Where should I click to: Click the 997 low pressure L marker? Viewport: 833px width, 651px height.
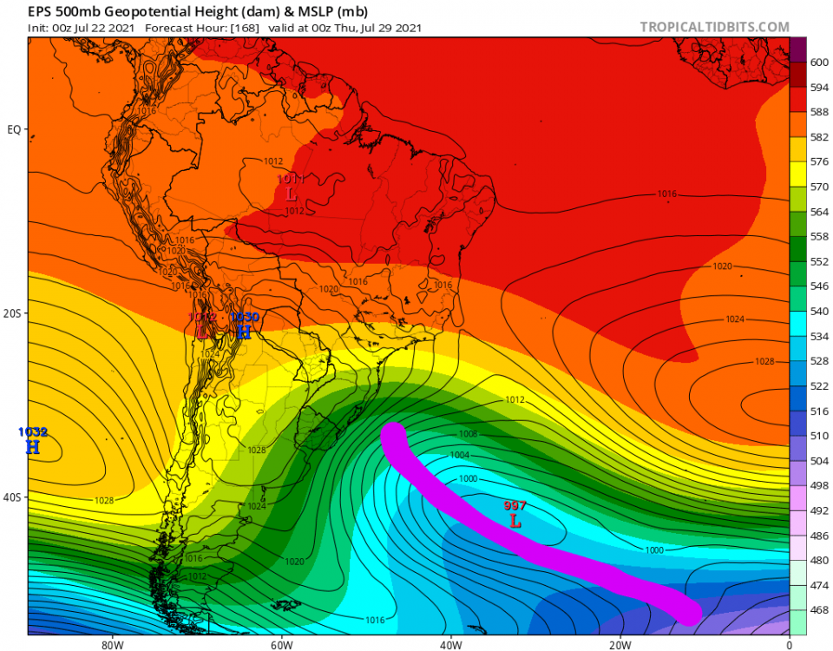point(515,522)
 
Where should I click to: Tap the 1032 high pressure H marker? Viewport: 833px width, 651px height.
point(33,447)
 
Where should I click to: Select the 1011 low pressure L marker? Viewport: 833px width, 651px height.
point(291,194)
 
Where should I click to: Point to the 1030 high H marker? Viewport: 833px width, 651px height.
point(244,332)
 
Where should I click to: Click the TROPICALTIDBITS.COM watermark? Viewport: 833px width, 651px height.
point(714,27)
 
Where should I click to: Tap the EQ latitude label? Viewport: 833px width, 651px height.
point(14,129)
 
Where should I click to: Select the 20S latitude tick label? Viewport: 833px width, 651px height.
point(13,313)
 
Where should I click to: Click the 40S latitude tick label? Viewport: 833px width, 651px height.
point(13,497)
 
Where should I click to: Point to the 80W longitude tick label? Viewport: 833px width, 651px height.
point(110,644)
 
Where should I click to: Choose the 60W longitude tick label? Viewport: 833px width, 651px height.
point(279,644)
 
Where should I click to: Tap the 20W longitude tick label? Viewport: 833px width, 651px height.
point(619,644)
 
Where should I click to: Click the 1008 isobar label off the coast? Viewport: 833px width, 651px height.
point(469,433)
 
